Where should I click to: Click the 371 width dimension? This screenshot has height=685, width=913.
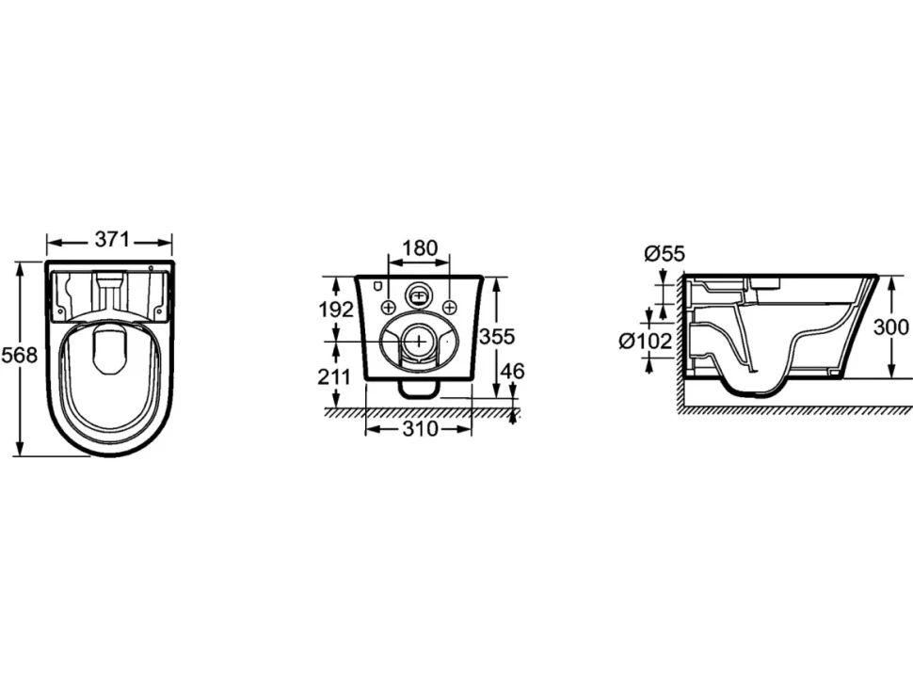point(112,239)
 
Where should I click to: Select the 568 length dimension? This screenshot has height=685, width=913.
point(19,355)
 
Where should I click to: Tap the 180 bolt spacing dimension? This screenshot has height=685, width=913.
point(419,247)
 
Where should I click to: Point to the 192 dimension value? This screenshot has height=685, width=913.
point(335,310)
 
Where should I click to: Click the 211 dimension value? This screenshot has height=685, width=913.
point(334,377)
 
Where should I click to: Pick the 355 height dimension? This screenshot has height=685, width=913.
point(497,337)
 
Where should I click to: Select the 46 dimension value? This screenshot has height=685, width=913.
point(512,371)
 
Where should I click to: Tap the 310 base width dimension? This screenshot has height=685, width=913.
point(419,429)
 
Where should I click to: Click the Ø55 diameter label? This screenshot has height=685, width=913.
point(665,254)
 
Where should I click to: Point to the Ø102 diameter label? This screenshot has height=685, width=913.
point(645,341)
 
